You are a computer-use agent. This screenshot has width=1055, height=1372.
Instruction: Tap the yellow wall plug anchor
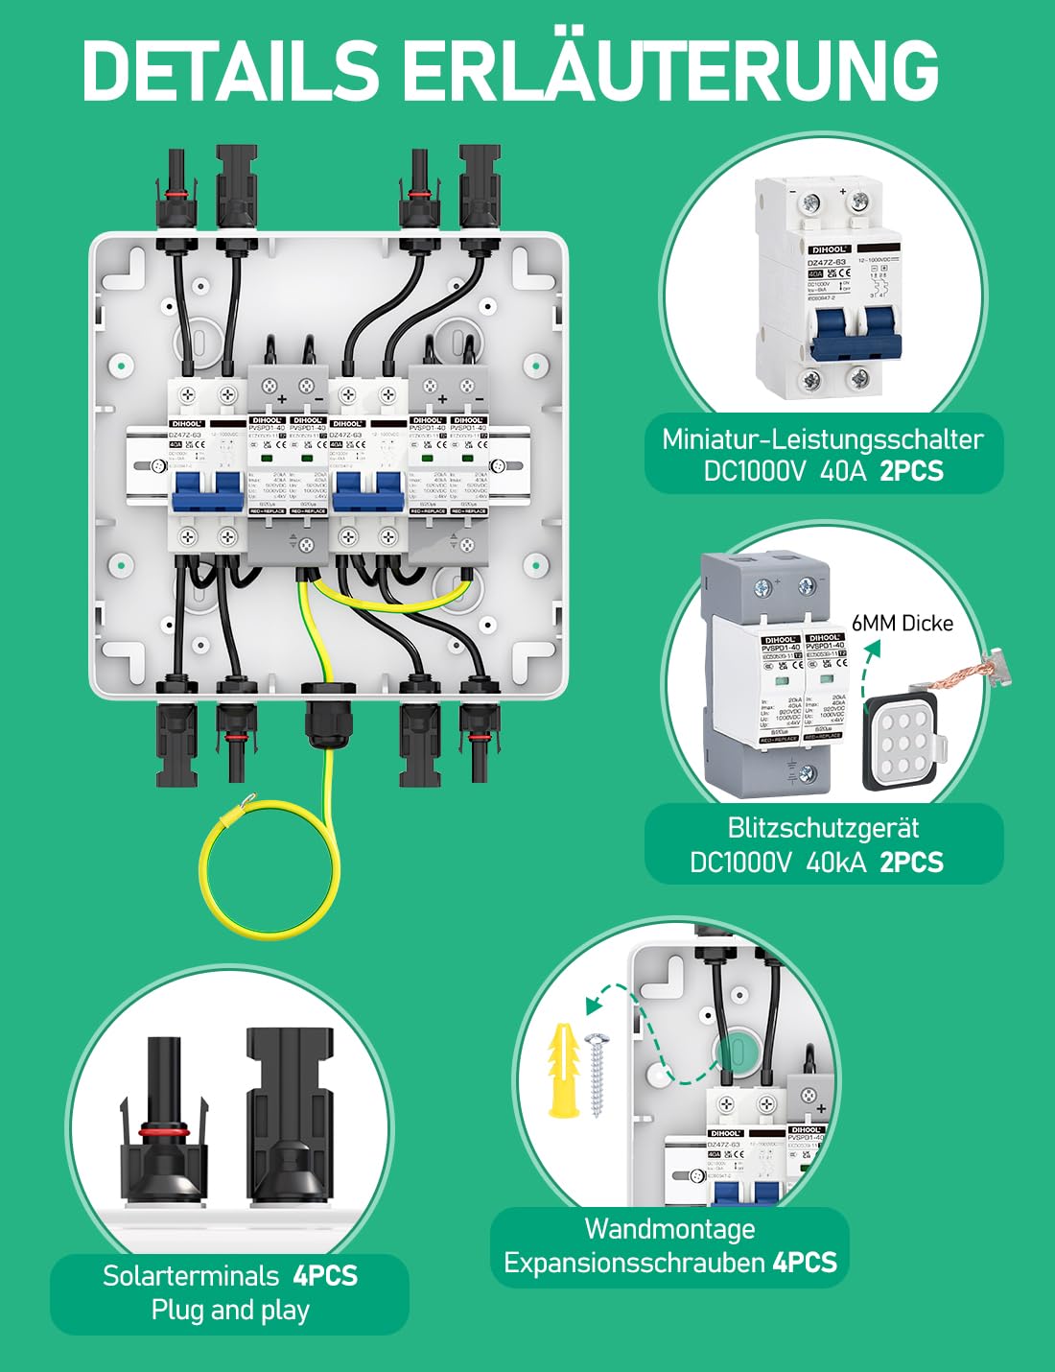point(563,1071)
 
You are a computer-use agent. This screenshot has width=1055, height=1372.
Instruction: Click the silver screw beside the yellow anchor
point(598,1075)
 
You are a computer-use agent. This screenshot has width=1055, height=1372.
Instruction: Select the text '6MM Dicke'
point(902,624)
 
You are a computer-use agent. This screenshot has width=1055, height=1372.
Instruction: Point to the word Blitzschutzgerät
point(823,828)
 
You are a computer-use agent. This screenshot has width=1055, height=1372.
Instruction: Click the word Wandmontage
point(669,1229)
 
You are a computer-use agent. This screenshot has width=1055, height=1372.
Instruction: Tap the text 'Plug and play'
point(230,1310)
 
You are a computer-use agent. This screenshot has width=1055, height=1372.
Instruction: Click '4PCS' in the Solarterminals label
point(325,1276)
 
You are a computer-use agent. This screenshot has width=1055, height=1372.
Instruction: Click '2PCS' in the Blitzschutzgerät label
point(911,863)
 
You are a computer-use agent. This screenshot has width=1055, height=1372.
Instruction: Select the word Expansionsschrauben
point(636,1264)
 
